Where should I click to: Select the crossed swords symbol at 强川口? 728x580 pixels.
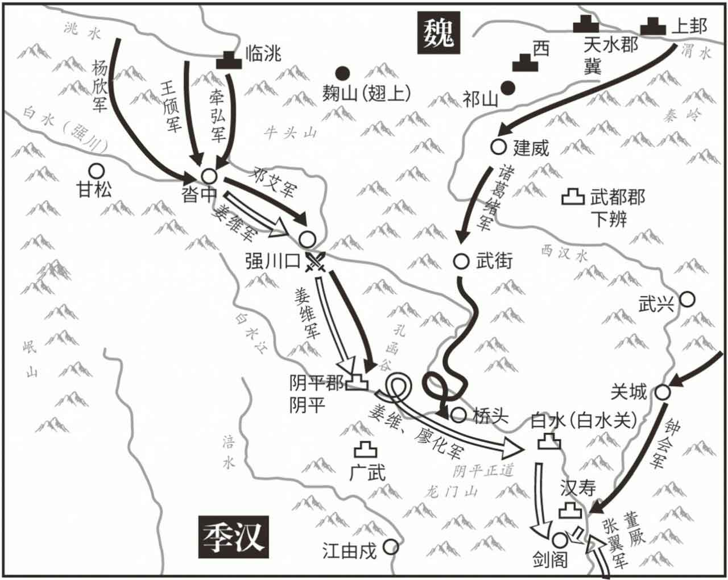[316, 262]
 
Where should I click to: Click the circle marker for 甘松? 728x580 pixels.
[96, 170]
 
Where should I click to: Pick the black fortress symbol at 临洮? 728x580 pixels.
[229, 59]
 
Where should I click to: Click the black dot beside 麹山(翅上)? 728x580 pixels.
[342, 73]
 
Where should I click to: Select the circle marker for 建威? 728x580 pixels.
[498, 147]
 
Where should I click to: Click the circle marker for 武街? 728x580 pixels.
[461, 261]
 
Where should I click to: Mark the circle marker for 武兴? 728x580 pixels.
[687, 299]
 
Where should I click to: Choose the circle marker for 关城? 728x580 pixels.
[662, 392]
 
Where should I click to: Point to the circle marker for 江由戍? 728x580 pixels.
[390, 547]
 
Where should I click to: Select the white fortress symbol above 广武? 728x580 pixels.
[365, 450]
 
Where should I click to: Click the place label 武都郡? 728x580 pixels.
[618, 197]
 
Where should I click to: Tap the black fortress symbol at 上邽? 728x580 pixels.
[653, 26]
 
